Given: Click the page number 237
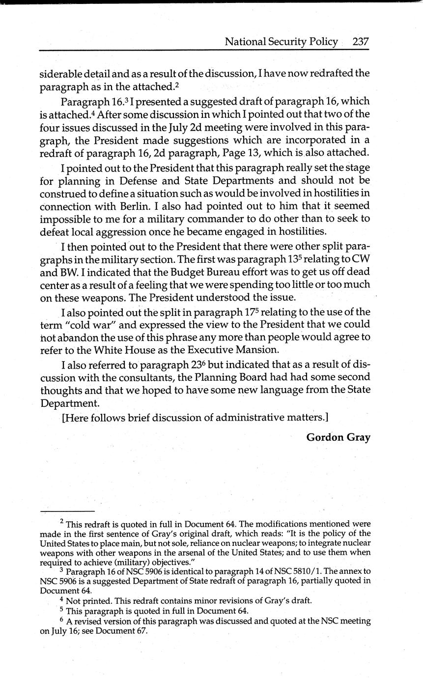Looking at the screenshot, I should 360,42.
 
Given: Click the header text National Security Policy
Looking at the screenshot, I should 281,42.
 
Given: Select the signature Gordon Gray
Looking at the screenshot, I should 338,437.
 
